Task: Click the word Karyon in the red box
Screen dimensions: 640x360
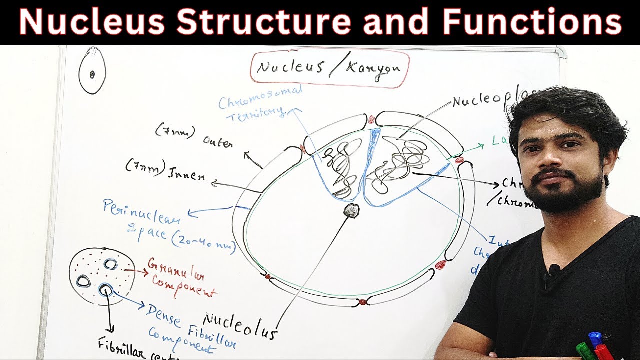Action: [370, 68]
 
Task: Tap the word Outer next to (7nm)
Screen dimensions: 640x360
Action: [218, 142]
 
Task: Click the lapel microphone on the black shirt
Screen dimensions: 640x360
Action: [553, 270]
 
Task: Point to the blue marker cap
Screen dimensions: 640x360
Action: [595, 338]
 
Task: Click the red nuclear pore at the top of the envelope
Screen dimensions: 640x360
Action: [371, 120]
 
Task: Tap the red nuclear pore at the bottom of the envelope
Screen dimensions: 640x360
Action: [362, 302]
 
